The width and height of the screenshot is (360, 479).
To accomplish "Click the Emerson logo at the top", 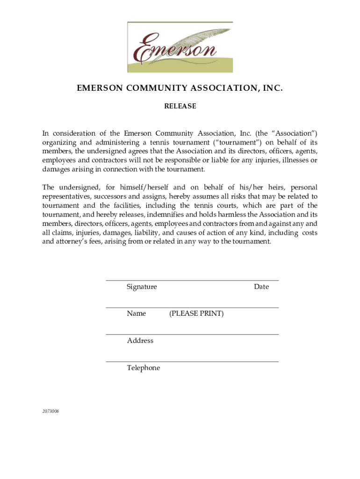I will pos(180,47).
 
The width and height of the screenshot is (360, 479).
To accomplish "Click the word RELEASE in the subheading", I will pos(180,106).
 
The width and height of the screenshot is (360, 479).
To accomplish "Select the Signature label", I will pos(142,287).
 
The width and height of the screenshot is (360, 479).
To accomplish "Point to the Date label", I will pos(261,287).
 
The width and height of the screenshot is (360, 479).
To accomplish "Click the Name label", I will pos(136,313).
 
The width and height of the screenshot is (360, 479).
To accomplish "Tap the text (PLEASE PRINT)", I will pos(196,313).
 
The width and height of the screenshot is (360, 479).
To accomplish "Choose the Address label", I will pos(140,341).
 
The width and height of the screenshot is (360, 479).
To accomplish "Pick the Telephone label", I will pos(143,368).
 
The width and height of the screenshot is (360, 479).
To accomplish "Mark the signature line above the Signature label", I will pos(192,281).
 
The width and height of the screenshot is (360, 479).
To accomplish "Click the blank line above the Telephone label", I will pos(192,362).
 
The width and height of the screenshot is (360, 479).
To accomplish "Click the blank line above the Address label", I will pos(192,334).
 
